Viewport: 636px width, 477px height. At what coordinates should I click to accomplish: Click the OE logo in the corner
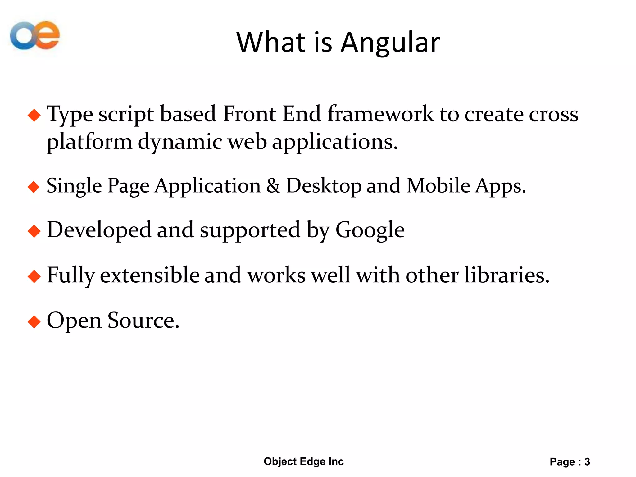(x=35, y=35)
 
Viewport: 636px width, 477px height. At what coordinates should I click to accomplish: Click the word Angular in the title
(x=390, y=43)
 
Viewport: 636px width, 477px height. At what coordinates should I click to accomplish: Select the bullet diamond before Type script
(x=34, y=116)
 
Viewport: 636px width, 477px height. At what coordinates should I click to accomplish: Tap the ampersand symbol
(x=273, y=186)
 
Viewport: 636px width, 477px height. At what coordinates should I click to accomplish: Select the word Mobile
(x=438, y=186)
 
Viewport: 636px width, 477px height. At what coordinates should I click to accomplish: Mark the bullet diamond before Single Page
(x=34, y=187)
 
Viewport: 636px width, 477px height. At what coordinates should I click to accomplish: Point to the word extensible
(x=150, y=275)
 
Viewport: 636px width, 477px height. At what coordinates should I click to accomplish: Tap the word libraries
(x=506, y=275)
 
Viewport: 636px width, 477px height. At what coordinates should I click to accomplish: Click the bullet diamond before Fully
(x=34, y=276)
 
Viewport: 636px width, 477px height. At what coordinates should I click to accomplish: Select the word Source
(x=143, y=320)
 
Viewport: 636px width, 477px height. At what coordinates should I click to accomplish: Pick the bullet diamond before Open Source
(x=34, y=321)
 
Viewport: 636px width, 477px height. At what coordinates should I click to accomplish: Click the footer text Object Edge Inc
(x=303, y=461)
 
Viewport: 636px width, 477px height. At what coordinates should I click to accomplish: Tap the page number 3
(x=587, y=462)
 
